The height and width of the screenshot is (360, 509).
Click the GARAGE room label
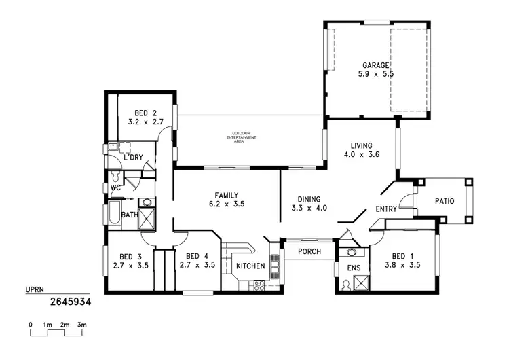pos(375,66)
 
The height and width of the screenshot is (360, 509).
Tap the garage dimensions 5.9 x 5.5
pos(375,75)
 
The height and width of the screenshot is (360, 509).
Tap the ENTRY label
pos(385,209)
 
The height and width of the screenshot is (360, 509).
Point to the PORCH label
pos(309,251)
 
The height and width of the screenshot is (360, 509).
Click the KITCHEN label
pos(250,266)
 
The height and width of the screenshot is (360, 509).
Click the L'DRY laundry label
pos(133,158)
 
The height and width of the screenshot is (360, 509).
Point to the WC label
pos(115,187)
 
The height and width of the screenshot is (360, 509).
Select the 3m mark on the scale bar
pos(81,325)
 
